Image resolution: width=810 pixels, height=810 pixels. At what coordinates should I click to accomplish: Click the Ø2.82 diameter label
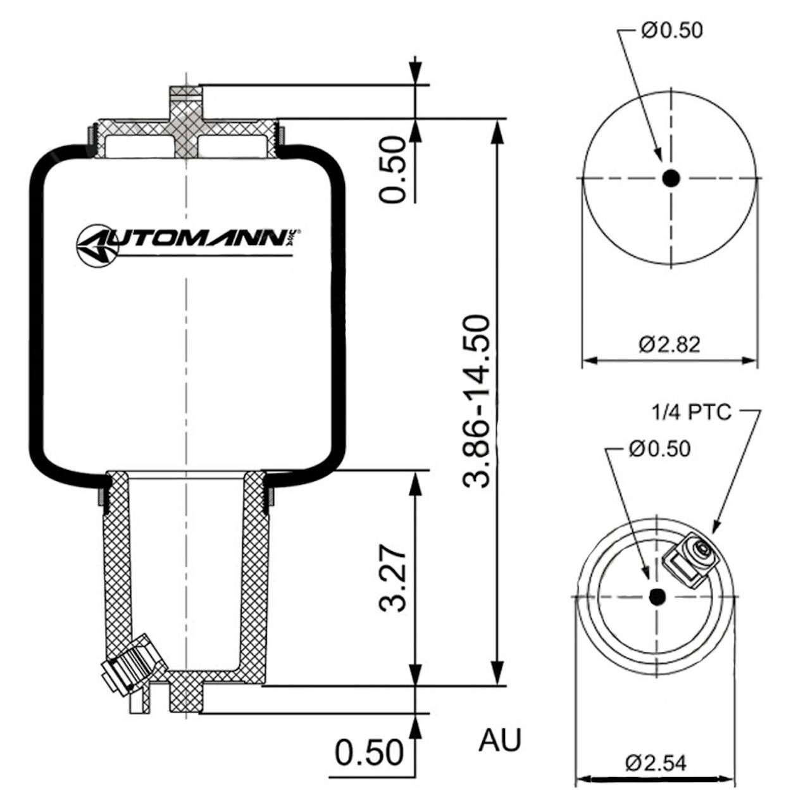click(x=670, y=345)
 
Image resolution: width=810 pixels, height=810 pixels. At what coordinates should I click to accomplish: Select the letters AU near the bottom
click(x=500, y=740)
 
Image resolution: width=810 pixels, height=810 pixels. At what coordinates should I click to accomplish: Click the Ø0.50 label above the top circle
click(x=671, y=30)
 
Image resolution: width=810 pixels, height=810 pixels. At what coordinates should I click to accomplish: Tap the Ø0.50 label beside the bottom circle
click(x=659, y=449)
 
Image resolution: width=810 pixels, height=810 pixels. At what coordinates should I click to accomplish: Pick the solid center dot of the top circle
click(x=671, y=178)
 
